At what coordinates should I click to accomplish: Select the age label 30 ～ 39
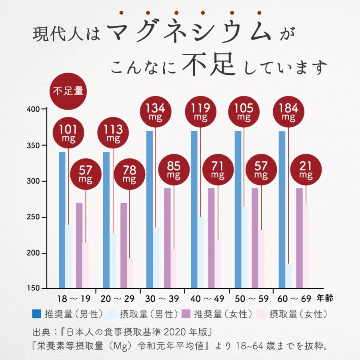click(x=162, y=298)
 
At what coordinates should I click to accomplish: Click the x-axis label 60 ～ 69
click(x=294, y=298)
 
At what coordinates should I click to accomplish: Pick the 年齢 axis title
click(x=324, y=298)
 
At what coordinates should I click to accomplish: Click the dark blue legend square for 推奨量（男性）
click(x=37, y=313)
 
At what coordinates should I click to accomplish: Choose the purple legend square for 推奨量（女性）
click(x=186, y=313)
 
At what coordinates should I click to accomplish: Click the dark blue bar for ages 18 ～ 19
click(x=62, y=220)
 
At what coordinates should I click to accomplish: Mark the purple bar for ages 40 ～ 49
click(x=211, y=238)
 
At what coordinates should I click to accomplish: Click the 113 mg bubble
click(x=112, y=133)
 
